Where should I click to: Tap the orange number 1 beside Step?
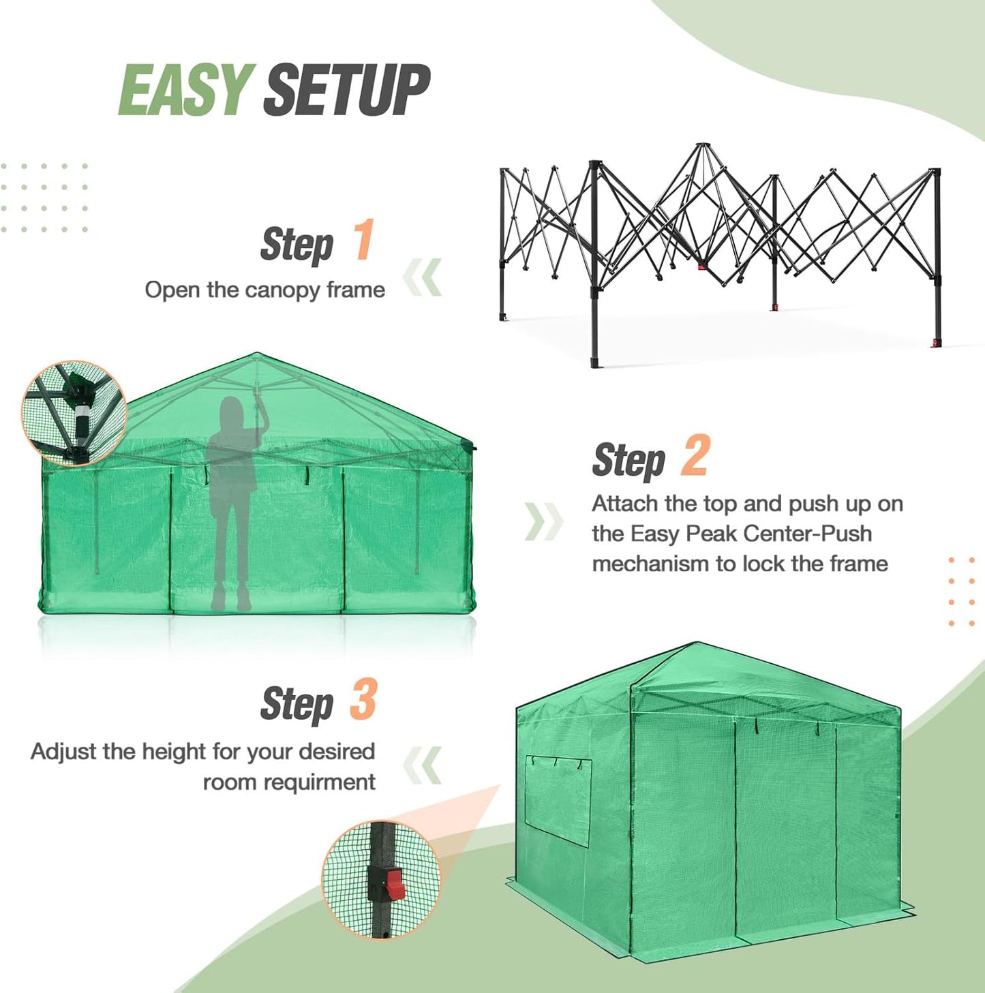click(363, 240)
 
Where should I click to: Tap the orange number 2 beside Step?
click(695, 456)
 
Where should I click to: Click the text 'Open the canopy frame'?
click(264, 290)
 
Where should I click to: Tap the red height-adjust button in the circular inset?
click(395, 885)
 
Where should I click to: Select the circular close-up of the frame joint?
click(74, 413)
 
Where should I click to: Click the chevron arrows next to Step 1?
click(423, 277)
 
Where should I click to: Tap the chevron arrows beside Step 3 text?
click(423, 765)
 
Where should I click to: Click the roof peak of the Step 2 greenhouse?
click(257, 355)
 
